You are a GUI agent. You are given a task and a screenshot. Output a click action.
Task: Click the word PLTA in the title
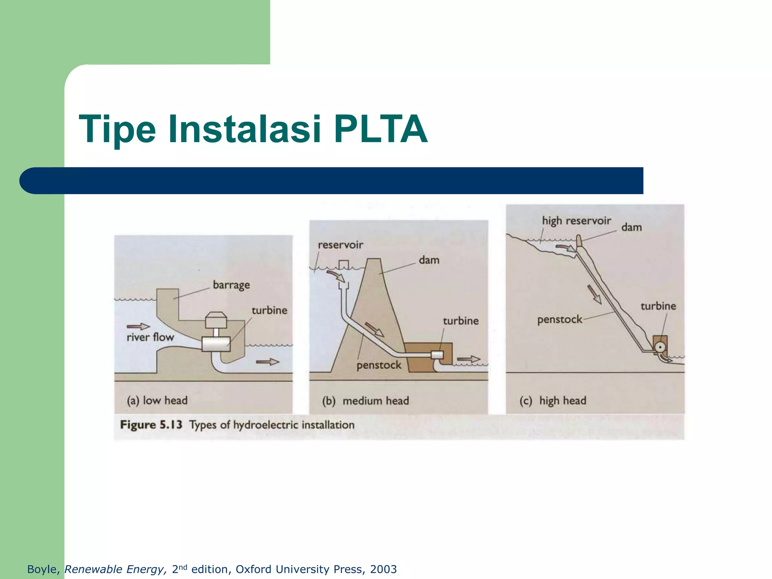click(381, 129)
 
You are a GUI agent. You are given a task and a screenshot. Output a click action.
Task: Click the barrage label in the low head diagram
click(231, 285)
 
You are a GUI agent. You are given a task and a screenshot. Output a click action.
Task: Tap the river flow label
click(150, 337)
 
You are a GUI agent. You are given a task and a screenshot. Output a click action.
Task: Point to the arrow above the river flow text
click(138, 326)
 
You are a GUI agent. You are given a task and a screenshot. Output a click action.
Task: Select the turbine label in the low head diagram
click(269, 311)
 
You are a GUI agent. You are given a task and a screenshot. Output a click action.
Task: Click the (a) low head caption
click(157, 400)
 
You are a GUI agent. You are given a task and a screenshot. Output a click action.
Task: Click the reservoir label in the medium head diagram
click(340, 245)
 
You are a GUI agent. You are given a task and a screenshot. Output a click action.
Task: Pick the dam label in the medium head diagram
click(429, 260)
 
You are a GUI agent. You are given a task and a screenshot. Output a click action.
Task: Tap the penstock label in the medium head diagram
click(379, 365)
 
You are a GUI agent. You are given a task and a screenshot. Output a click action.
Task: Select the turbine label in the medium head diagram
click(461, 321)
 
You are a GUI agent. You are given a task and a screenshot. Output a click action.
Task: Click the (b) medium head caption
click(365, 401)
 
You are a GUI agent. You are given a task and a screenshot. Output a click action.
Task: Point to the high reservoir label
click(576, 221)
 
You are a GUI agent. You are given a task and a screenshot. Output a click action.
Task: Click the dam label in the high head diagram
click(631, 227)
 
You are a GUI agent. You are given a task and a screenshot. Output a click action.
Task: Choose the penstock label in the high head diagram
click(559, 320)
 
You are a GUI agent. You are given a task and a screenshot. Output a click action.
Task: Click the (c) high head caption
click(553, 401)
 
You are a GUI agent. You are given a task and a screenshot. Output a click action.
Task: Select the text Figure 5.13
click(151, 425)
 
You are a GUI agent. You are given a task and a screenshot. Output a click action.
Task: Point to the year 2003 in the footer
click(383, 569)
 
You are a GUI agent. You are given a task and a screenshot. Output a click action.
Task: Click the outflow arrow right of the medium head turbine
click(468, 359)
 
